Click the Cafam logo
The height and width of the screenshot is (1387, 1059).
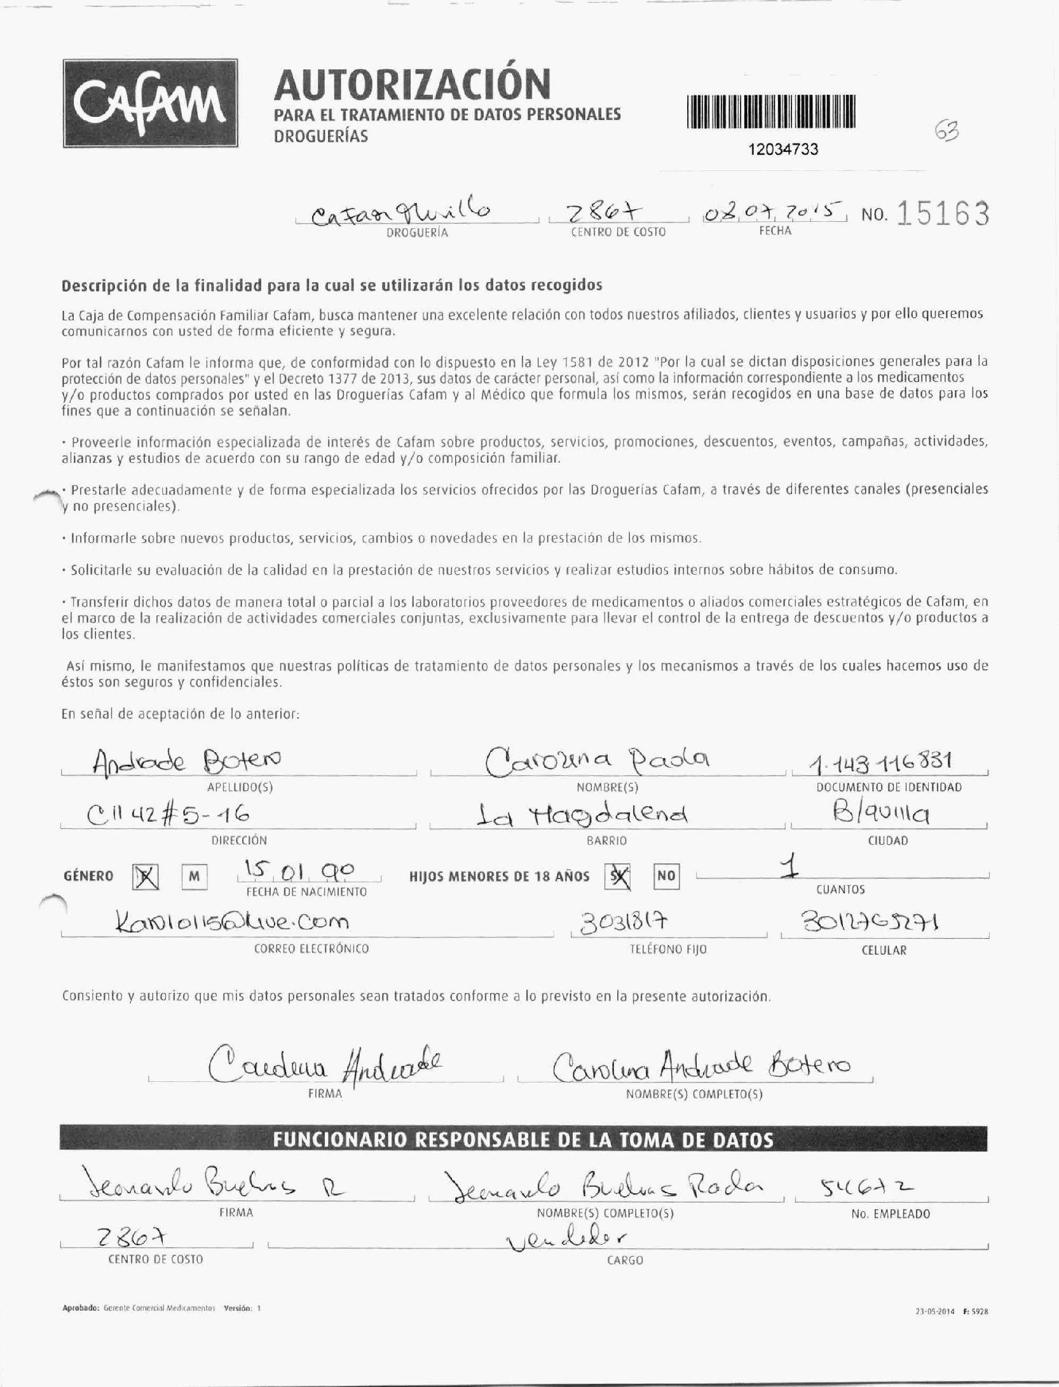(x=151, y=104)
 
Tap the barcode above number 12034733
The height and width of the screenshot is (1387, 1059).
(x=770, y=112)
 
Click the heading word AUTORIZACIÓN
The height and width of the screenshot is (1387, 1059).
(x=412, y=85)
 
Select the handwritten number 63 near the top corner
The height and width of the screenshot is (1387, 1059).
(x=947, y=132)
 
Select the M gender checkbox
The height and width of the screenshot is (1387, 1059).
(x=195, y=877)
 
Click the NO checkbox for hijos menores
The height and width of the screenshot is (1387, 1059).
(x=666, y=877)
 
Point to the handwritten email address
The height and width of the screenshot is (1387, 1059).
(x=233, y=921)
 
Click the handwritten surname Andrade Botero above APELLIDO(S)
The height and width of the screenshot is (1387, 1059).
(x=187, y=759)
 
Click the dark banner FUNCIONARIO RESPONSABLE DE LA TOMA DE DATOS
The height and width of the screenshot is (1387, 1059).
(x=523, y=1139)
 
